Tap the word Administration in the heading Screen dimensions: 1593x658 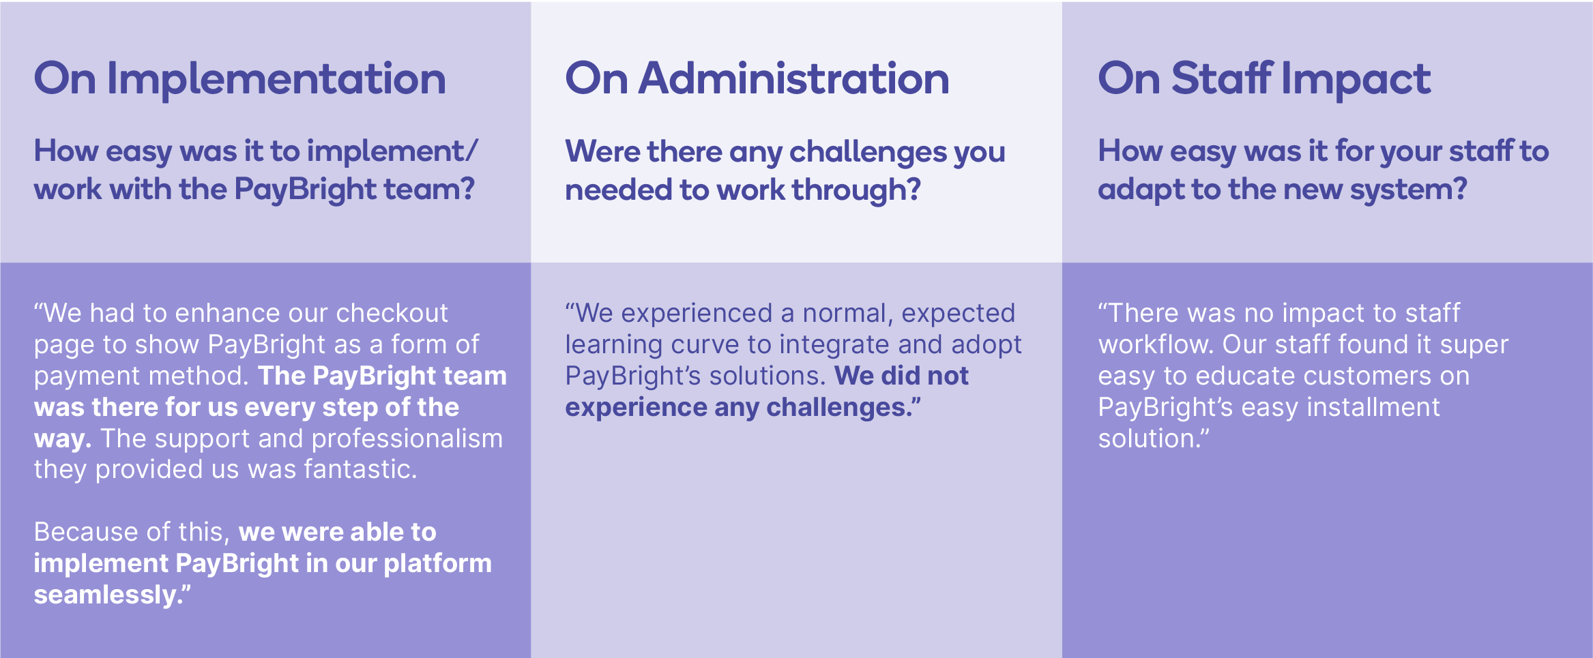pyautogui.click(x=794, y=78)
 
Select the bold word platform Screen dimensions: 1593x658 pyautogui.click(x=437, y=564)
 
